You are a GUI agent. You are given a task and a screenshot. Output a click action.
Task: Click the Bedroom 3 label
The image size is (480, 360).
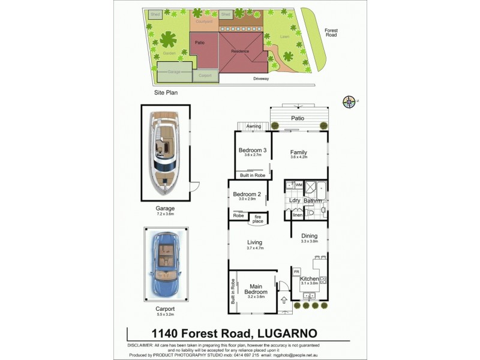(x=253, y=150)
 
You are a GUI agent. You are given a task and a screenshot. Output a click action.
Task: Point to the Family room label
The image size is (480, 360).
(x=299, y=152)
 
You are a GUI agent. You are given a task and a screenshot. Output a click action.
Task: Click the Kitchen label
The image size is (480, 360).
(x=309, y=278)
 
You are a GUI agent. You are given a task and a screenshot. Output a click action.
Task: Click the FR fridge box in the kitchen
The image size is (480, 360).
(x=296, y=272)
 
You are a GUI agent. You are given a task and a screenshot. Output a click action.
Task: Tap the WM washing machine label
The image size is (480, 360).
(x=299, y=185)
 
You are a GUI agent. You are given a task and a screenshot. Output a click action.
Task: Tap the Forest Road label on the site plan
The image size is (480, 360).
(x=331, y=32)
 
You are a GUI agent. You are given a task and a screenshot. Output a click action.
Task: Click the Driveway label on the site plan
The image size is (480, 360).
(x=260, y=79)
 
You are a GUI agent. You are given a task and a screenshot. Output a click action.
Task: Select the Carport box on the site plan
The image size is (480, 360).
(x=205, y=76)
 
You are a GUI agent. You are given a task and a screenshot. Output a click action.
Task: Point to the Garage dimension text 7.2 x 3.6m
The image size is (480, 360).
(x=165, y=214)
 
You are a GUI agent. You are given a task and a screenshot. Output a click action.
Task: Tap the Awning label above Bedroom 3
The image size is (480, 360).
(x=254, y=126)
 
